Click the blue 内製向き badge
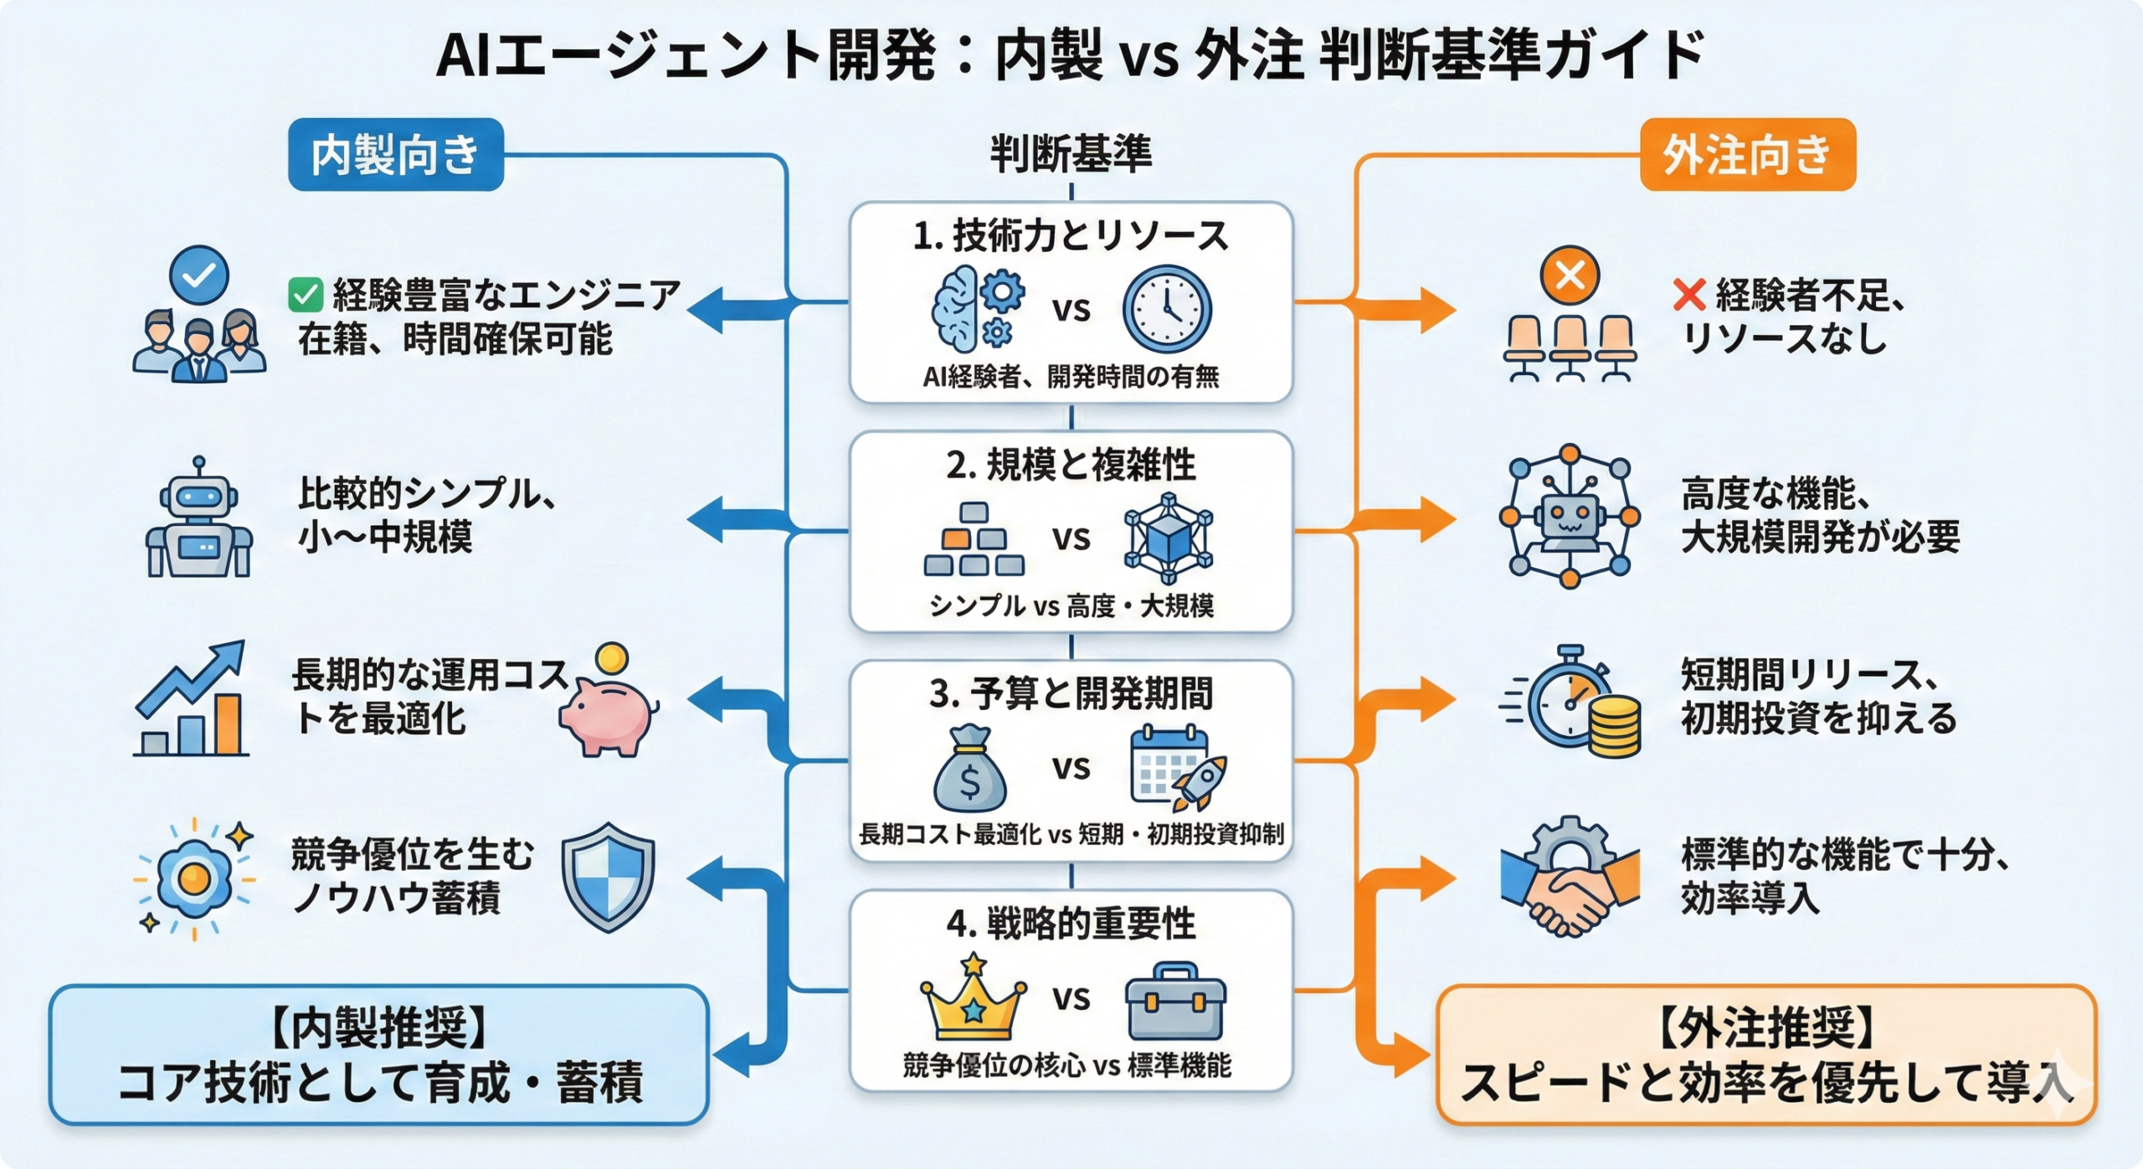[395, 155]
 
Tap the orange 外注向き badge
[1747, 155]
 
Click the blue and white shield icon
[608, 877]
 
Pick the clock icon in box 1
[1166, 309]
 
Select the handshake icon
[1570, 879]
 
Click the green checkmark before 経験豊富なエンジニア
[306, 295]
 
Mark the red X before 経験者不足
[1688, 295]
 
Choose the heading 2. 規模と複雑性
[1071, 465]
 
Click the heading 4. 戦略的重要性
[1071, 924]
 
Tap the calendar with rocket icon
[1177, 769]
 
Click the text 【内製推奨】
[379, 1027]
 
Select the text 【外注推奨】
[1766, 1027]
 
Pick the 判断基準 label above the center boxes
[1071, 154]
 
